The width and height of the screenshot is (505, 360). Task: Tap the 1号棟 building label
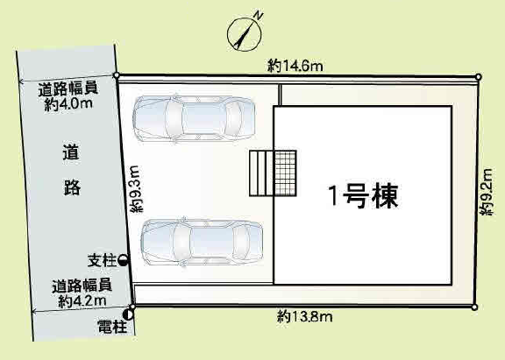coord(363,195)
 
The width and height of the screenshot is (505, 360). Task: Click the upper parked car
coord(194,117)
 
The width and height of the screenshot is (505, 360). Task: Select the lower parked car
coord(203,241)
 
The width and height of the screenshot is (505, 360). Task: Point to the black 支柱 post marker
coord(123,259)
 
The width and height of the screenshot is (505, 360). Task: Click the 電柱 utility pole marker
coord(130,312)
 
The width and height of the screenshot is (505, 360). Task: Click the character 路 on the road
coord(73,187)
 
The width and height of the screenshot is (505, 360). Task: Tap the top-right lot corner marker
coord(478,77)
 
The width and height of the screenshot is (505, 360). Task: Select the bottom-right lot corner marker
coord(474,307)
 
